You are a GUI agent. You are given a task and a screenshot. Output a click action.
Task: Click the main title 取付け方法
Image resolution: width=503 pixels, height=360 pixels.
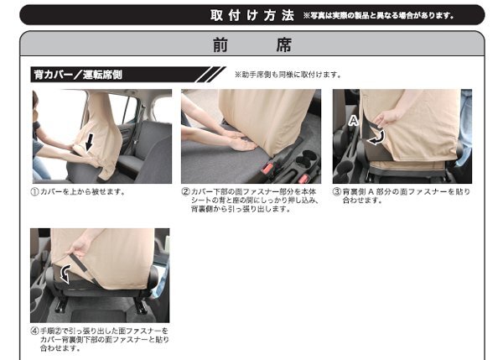252,15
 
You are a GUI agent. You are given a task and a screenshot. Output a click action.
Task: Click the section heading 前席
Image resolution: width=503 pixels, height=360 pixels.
252,44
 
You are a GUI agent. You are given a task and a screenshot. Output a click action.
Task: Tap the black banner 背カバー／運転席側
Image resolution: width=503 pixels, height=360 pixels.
127,75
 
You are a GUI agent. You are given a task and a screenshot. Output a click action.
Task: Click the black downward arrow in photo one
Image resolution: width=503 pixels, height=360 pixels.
90,143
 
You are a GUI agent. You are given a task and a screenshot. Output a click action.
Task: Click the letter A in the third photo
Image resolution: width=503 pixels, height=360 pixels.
353,121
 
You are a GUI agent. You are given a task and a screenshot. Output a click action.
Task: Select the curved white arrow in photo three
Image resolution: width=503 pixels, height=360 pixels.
376,138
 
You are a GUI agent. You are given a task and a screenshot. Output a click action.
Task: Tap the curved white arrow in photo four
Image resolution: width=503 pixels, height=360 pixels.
65,274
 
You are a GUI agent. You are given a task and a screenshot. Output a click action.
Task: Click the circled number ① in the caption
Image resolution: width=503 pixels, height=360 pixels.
34,191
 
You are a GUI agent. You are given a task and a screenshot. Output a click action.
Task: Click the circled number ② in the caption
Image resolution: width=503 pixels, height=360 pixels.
186,191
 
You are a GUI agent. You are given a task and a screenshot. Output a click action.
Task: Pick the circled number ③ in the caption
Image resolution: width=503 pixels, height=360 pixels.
336,191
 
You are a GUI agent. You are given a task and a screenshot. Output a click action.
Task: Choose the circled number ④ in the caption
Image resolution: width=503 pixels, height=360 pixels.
34,331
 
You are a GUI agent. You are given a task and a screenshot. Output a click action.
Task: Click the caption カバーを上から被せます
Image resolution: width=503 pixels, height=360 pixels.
82,191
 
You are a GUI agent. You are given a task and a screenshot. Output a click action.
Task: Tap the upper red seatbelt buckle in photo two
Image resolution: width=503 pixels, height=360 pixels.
268,168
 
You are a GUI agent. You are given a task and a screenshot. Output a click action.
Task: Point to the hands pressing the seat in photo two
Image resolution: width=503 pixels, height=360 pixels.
240,141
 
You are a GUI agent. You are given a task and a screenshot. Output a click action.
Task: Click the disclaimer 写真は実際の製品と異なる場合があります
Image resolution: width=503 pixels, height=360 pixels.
378,15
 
